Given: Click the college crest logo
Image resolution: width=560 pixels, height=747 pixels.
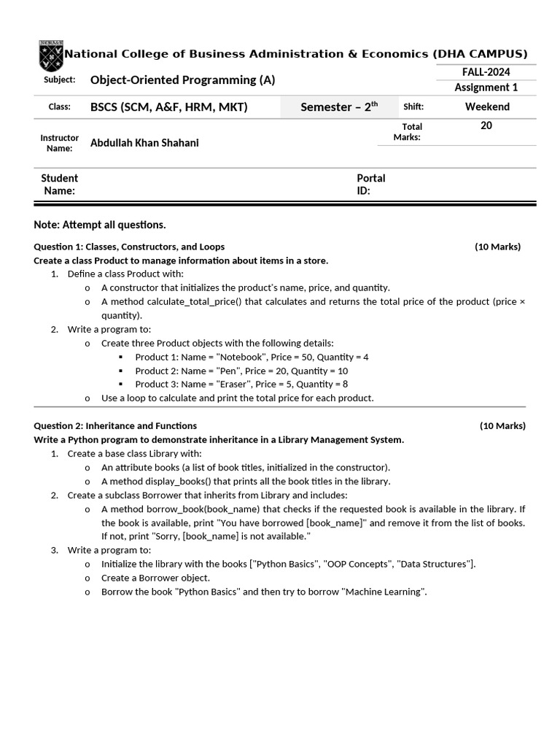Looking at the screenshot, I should [51, 55].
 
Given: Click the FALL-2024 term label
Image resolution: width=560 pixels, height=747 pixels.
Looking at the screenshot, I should [486, 71].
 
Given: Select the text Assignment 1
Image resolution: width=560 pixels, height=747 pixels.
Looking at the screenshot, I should [486, 88].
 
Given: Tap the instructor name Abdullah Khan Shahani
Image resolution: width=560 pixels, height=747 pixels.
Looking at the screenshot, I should [144, 143].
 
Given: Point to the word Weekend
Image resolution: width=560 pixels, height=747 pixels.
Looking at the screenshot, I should [487, 107].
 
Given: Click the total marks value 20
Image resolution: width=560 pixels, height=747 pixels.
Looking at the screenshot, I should [486, 125].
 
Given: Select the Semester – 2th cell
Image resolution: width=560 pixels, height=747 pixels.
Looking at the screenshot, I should [339, 107].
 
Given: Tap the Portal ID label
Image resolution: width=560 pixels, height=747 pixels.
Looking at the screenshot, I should [370, 185].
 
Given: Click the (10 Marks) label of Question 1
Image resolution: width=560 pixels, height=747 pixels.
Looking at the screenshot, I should [497, 247].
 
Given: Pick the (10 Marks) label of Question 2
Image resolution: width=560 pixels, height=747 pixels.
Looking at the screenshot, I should [502, 426].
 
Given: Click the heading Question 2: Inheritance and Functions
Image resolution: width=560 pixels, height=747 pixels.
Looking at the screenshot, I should [115, 426].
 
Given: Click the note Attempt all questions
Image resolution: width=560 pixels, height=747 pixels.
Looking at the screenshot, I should [100, 224].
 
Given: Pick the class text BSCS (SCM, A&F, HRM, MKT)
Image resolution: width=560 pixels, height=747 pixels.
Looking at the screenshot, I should [169, 107].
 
